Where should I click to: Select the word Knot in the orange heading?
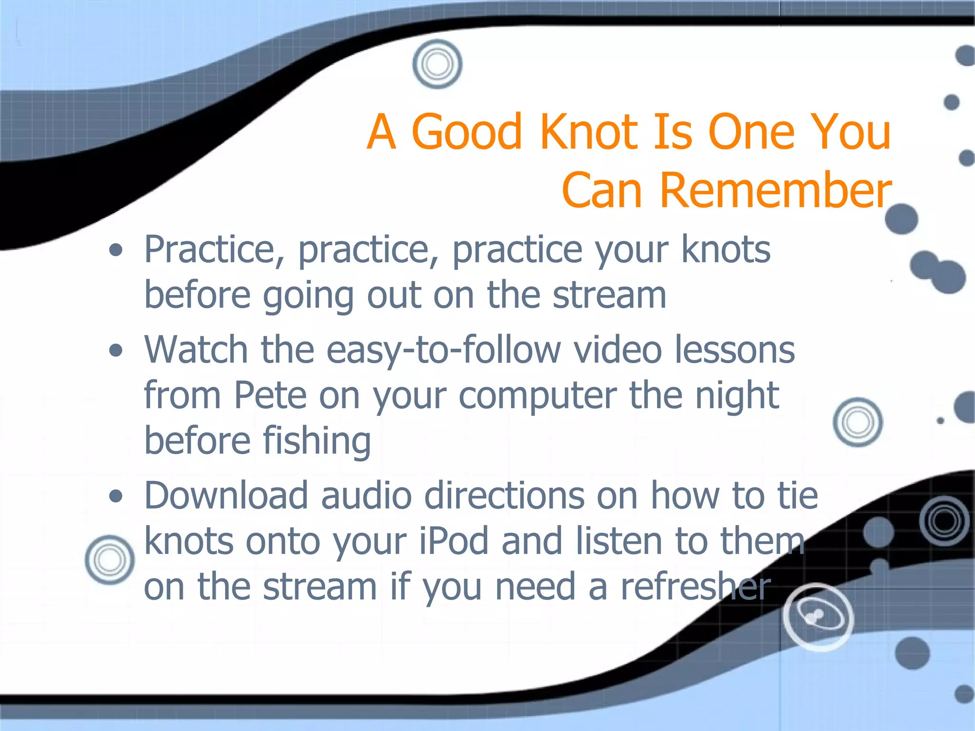click(x=589, y=131)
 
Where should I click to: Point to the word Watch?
click(x=196, y=350)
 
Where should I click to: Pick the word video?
click(x=617, y=350)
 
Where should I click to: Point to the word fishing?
click(x=317, y=442)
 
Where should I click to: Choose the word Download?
click(x=226, y=495)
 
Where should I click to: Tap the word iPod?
click(x=454, y=541)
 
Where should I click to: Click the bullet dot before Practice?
click(x=116, y=250)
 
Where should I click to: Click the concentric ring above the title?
click(x=437, y=64)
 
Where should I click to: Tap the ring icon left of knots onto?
click(x=110, y=560)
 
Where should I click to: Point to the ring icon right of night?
click(x=858, y=422)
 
